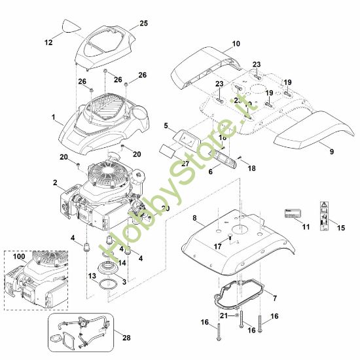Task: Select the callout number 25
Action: (x=143, y=23)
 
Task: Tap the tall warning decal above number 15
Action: (x=325, y=213)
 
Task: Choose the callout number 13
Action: (x=91, y=277)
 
